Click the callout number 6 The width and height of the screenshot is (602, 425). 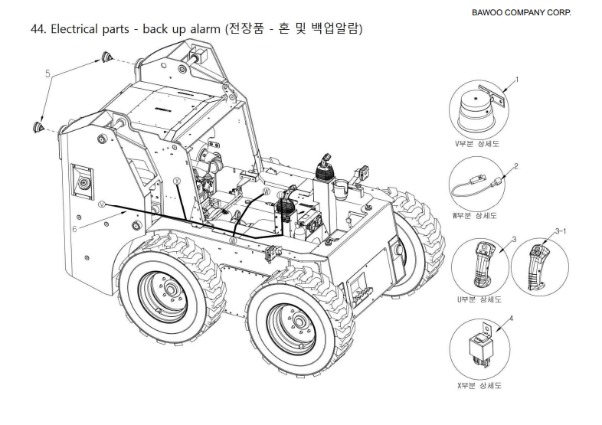(x=74, y=227)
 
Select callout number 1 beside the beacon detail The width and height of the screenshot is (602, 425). (x=517, y=79)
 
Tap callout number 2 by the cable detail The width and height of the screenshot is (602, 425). (x=517, y=165)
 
